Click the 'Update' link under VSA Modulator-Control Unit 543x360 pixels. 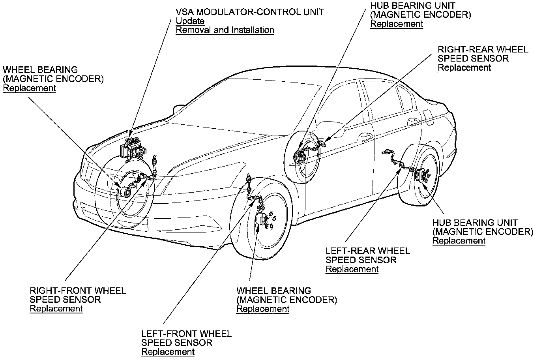[x=190, y=21]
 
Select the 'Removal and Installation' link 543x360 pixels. [x=225, y=30]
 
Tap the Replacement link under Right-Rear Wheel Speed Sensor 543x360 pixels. [x=464, y=67]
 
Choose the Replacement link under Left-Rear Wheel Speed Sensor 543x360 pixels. [x=352, y=269]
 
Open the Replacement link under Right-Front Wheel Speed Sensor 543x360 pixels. [x=56, y=309]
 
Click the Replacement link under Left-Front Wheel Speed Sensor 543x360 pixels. [x=168, y=352]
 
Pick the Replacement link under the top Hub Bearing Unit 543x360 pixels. [x=396, y=24]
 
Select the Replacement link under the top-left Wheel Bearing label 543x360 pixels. [x=29, y=88]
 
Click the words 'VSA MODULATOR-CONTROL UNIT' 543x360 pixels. [x=249, y=12]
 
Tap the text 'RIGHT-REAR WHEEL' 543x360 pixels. [x=483, y=50]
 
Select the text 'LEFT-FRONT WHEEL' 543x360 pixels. [x=186, y=334]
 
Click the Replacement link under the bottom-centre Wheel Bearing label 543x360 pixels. [x=262, y=309]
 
